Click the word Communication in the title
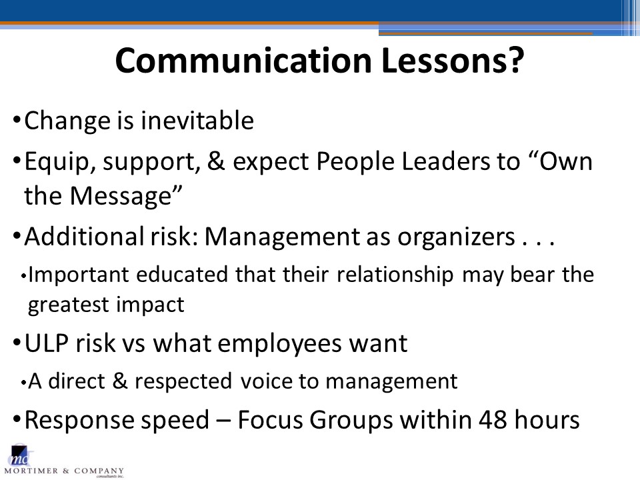(243, 60)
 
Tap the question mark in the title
(516, 60)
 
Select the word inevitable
(197, 121)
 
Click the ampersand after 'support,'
(216, 161)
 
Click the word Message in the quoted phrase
(121, 195)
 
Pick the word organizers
(456, 237)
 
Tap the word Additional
(84, 236)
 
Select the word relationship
(395, 275)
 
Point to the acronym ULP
(46, 343)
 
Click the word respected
(183, 381)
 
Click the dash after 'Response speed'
(223, 421)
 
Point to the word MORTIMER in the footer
(31, 471)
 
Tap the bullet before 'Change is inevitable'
(17, 120)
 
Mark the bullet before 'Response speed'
(17, 419)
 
